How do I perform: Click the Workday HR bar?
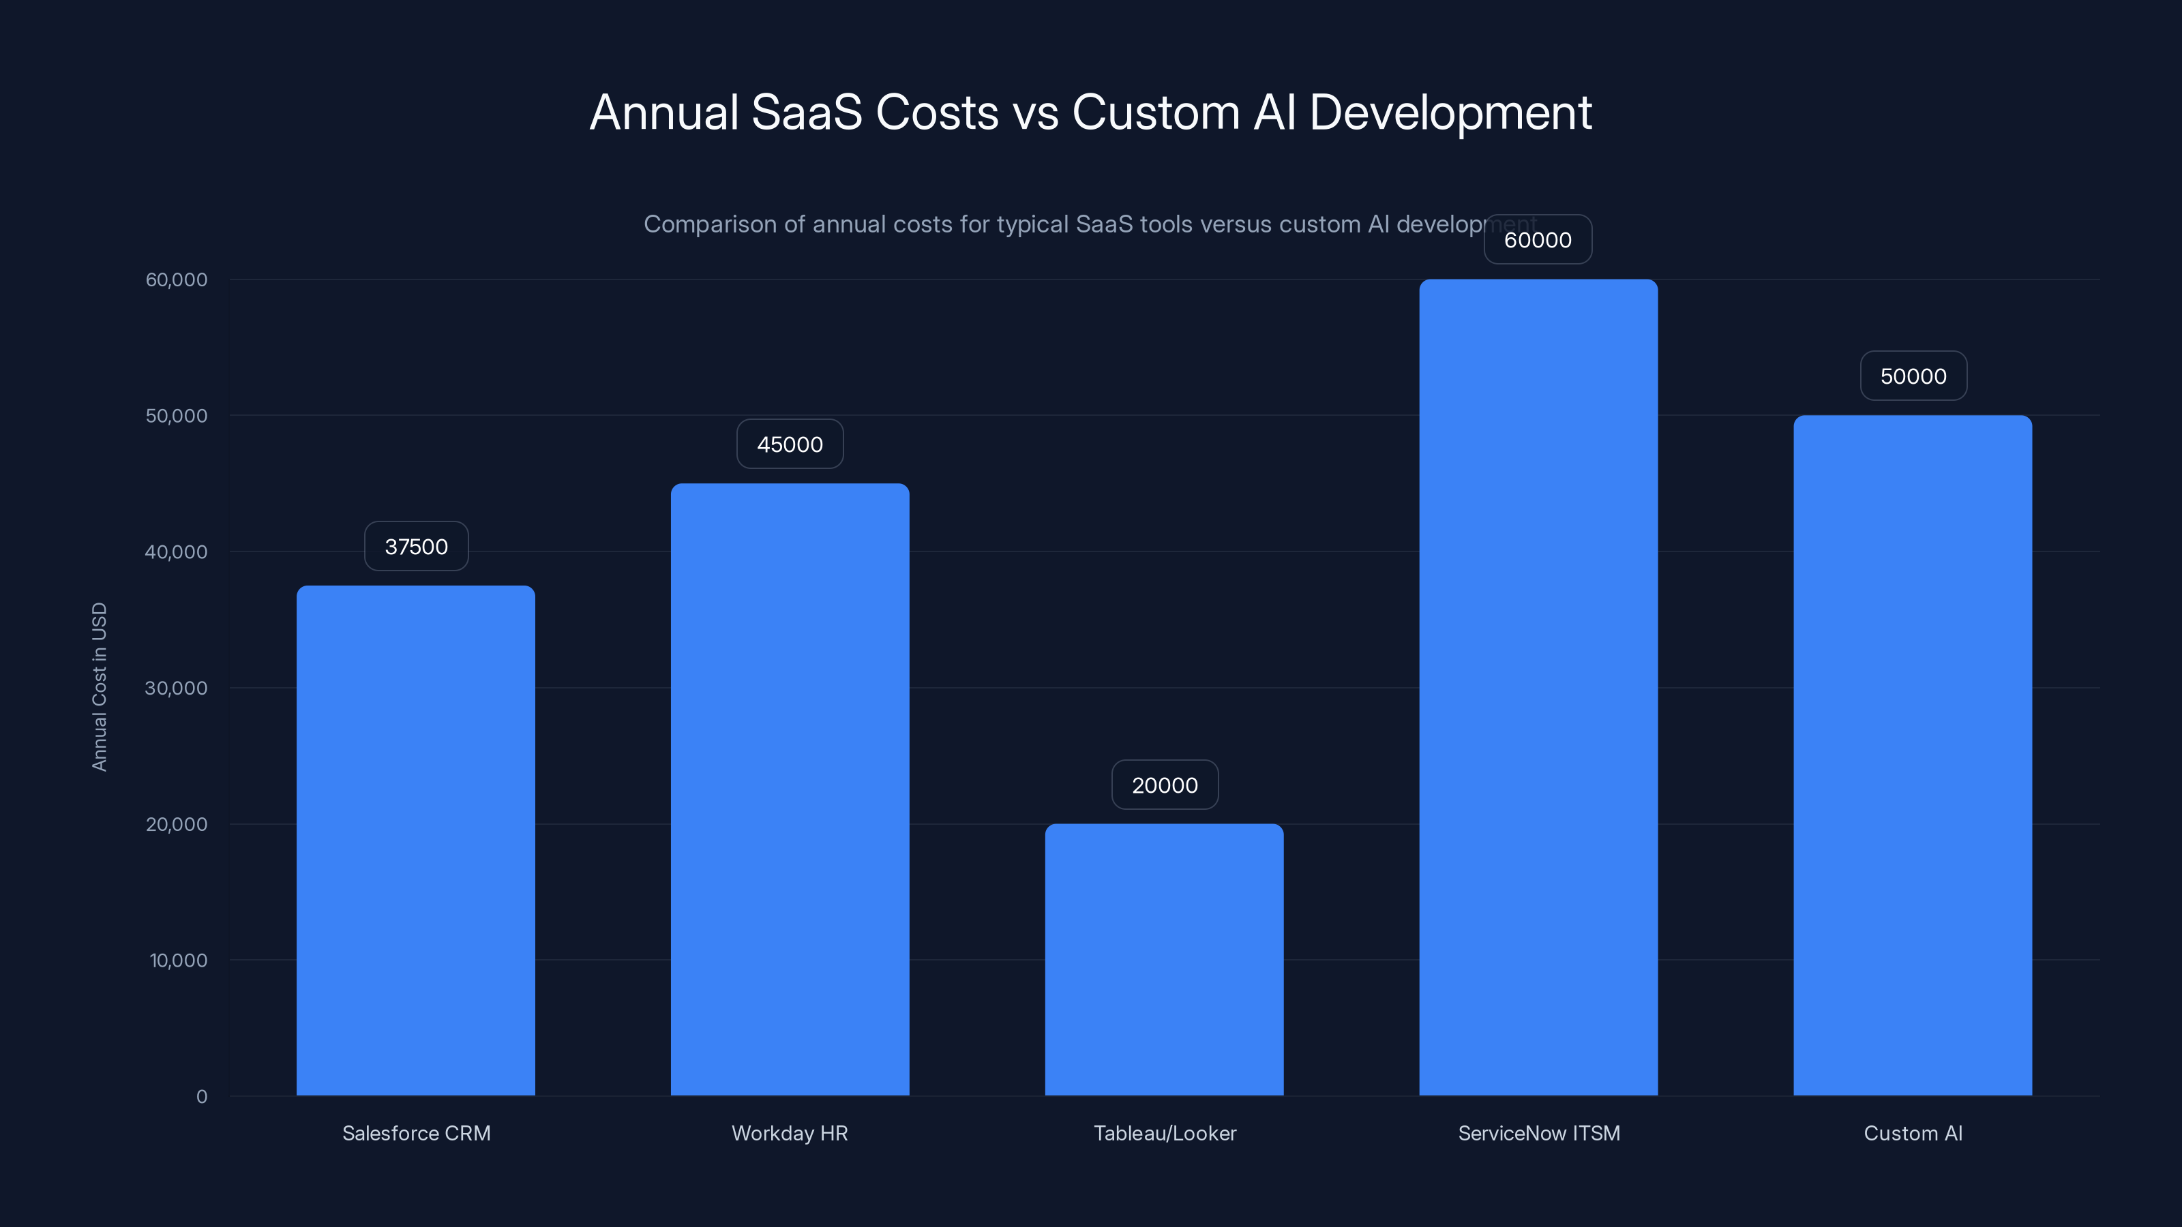[x=790, y=789]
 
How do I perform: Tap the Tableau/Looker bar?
[x=1164, y=959]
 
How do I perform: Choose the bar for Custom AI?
[x=1913, y=755]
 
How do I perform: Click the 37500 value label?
[x=416, y=546]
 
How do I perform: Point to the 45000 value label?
[x=790, y=444]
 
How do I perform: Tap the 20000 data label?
[x=1165, y=785]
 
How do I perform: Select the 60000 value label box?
[x=1538, y=240]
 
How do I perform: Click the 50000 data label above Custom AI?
[x=1913, y=376]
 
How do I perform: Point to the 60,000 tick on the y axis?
[x=176, y=279]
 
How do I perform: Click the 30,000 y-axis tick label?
[x=176, y=688]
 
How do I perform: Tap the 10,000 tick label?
[x=178, y=960]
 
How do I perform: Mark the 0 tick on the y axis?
[x=202, y=1097]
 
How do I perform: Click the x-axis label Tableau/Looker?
[x=1165, y=1133]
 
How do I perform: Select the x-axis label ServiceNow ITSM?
[x=1538, y=1133]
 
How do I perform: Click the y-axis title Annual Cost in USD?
[x=99, y=686]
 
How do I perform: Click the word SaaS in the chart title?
[x=807, y=112]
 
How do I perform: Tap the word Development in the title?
[x=1450, y=112]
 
